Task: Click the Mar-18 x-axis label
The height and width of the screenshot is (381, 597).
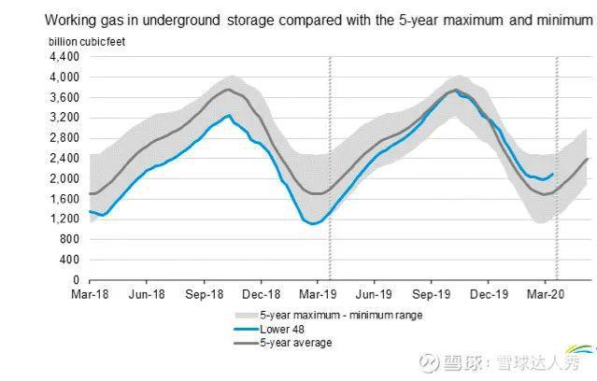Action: pos(90,293)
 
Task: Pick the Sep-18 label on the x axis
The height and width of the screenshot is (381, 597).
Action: pos(203,293)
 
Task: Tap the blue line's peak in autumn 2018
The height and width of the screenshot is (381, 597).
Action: pos(229,115)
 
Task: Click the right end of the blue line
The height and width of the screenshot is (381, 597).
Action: pos(553,174)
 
